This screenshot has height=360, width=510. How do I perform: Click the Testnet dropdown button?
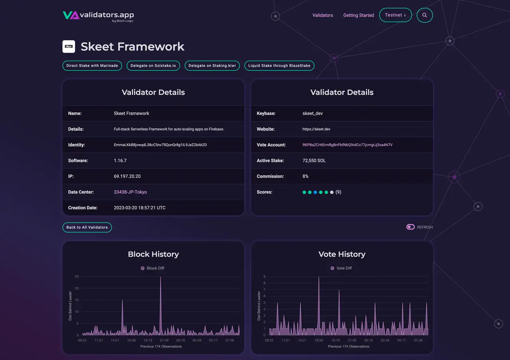(395, 15)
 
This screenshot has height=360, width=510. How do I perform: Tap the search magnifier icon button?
(425, 15)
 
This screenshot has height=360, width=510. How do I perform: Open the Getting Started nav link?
(359, 15)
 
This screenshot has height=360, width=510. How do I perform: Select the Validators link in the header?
(323, 15)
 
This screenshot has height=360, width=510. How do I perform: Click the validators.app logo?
(98, 16)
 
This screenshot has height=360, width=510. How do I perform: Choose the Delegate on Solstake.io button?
(153, 65)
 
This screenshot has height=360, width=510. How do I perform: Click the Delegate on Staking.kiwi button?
(212, 65)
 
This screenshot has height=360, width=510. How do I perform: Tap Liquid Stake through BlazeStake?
(279, 65)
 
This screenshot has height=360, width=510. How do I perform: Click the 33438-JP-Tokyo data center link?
(130, 192)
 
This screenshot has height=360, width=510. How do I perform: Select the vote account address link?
(347, 145)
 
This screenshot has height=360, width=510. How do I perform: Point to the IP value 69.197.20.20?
(127, 176)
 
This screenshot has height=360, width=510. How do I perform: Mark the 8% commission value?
(306, 176)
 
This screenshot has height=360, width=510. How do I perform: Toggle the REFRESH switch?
(410, 227)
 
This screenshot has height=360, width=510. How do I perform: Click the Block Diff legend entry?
(153, 268)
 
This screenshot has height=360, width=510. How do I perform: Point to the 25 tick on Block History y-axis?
(76, 277)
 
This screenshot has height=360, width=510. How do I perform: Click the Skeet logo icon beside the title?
(69, 47)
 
